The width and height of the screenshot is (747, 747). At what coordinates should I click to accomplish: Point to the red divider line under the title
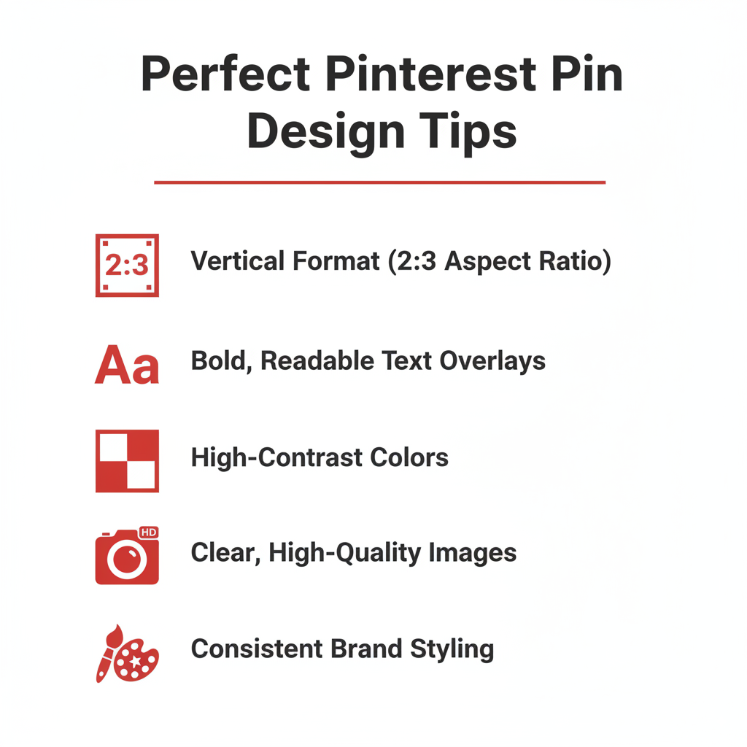click(x=379, y=182)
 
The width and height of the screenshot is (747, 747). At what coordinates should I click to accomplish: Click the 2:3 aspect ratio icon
click(x=127, y=266)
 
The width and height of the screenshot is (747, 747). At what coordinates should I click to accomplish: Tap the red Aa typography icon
click(x=127, y=365)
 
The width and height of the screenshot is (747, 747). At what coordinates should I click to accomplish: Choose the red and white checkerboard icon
click(x=127, y=461)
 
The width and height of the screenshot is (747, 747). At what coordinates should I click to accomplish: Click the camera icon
click(x=127, y=555)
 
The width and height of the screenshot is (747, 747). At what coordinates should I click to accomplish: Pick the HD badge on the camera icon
click(x=149, y=532)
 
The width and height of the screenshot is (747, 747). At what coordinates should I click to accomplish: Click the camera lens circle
click(x=127, y=558)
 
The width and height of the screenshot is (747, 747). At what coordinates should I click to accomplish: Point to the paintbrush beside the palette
click(x=109, y=653)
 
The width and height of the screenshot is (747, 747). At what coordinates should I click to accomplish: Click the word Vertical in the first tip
click(x=238, y=260)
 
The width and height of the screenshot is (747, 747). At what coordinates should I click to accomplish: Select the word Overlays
click(x=492, y=361)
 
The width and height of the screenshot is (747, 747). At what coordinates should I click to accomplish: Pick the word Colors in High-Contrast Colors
click(x=409, y=457)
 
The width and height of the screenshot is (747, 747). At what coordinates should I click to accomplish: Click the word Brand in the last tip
click(x=366, y=649)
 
